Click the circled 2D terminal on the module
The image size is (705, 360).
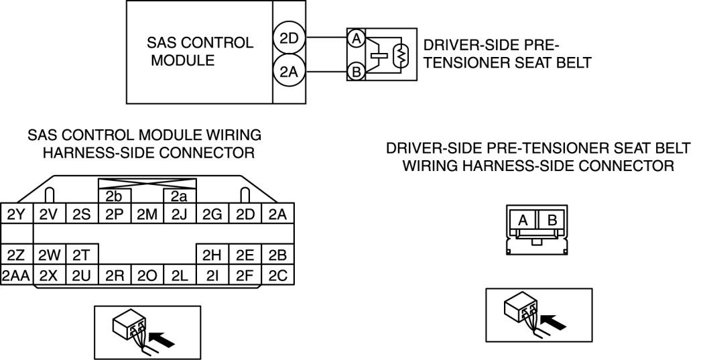point(289,39)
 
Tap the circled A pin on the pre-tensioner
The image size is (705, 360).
point(356,39)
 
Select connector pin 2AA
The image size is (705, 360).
point(16,275)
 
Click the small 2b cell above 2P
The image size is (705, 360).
point(114,197)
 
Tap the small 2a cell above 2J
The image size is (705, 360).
point(179,197)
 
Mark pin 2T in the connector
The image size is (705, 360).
point(82,255)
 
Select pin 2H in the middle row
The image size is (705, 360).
point(212,255)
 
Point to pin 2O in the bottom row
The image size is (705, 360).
point(146,275)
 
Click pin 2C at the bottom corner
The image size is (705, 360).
point(277,275)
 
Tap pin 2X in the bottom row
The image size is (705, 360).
point(49,275)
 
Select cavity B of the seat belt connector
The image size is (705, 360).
point(552,219)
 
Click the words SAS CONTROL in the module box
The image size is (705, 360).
point(200,43)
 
